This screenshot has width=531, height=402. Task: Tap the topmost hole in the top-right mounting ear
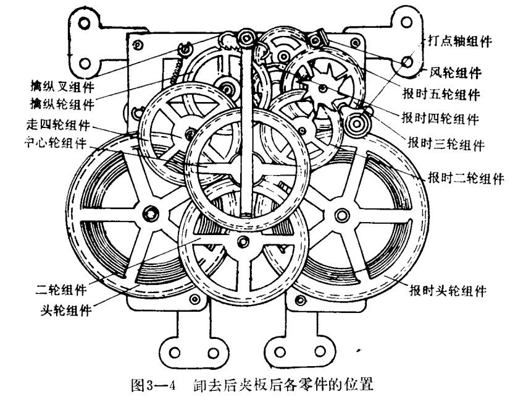406,22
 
